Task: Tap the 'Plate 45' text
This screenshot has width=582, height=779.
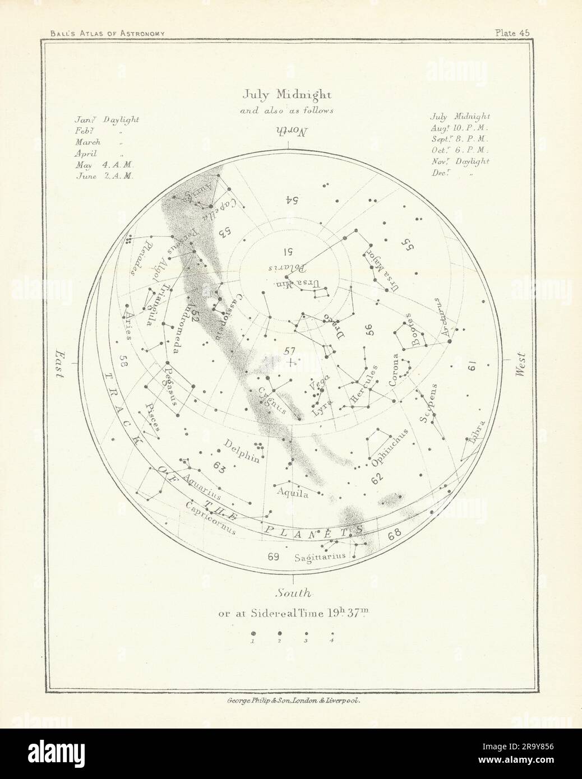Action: pyautogui.click(x=512, y=33)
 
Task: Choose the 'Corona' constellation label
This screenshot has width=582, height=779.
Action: pyautogui.click(x=395, y=370)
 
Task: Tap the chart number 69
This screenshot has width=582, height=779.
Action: pyautogui.click(x=274, y=557)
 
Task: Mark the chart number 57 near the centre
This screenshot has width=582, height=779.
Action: pyautogui.click(x=289, y=351)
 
